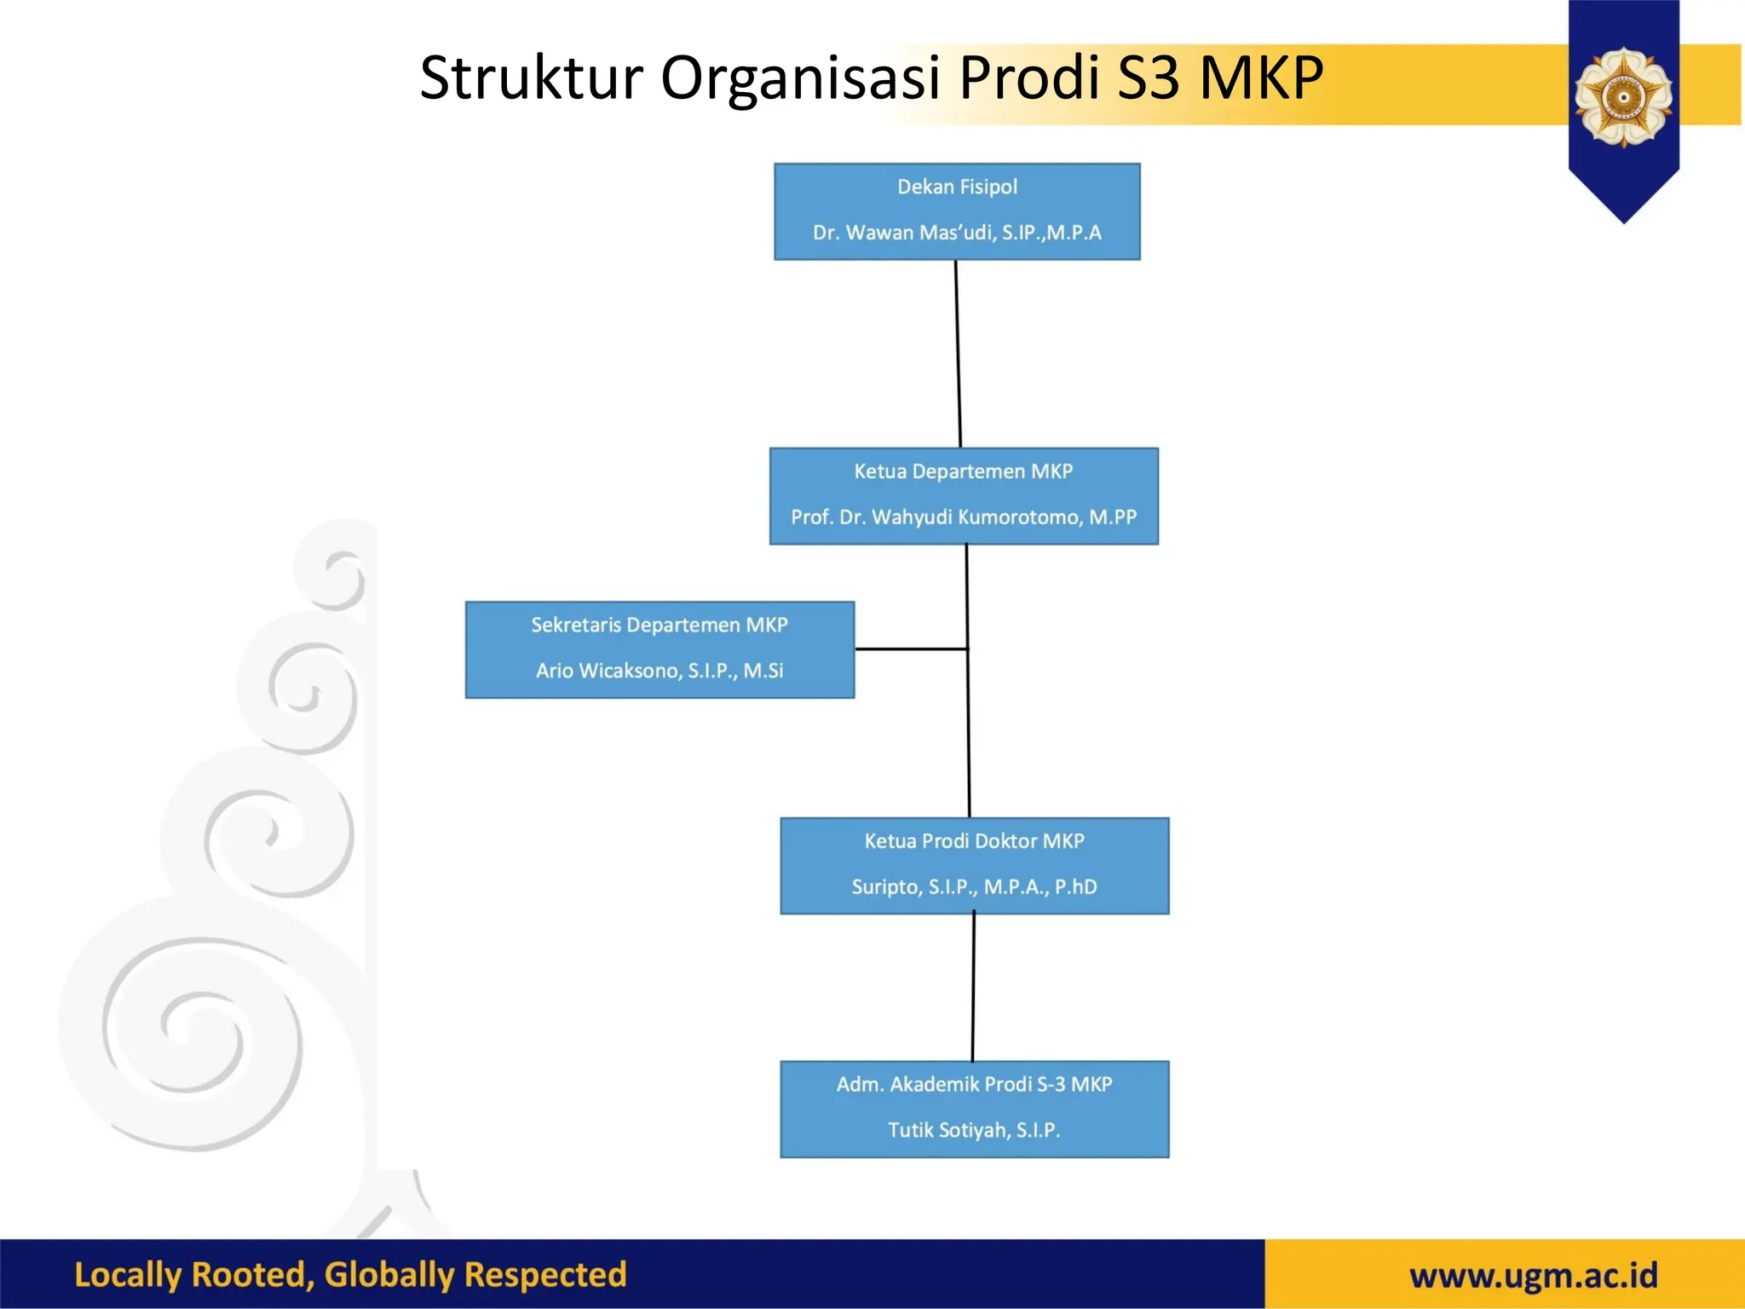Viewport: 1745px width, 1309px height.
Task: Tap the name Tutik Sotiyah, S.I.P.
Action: [x=974, y=1130]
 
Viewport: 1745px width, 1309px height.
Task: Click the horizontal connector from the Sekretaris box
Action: [x=910, y=649]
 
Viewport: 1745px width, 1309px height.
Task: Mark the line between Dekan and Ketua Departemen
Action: [x=958, y=354]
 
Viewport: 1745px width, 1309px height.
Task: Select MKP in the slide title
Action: [x=1261, y=78]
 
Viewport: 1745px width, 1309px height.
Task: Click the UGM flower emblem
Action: [x=1623, y=96]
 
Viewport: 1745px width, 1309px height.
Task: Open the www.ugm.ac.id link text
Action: [x=1533, y=1276]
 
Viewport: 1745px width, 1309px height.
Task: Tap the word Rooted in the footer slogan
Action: [x=252, y=1275]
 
